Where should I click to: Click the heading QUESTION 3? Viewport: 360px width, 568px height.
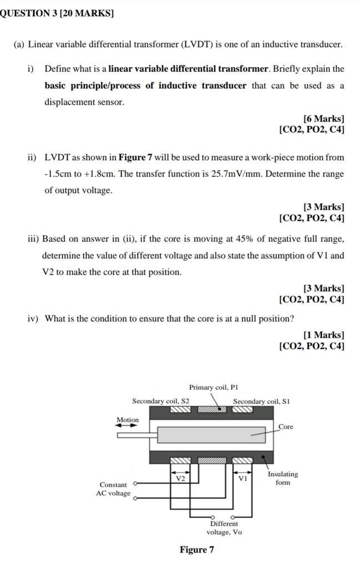point(55,12)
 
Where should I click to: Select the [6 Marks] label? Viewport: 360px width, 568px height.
point(323,119)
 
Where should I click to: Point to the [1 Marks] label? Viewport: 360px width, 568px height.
point(323,335)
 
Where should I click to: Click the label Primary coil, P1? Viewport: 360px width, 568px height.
point(214,387)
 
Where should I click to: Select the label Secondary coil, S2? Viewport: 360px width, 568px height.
point(160,400)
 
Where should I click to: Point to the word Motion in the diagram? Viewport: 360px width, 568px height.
point(128,420)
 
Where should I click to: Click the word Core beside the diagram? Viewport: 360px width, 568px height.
point(286,427)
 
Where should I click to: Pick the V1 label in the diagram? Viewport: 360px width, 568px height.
point(242,478)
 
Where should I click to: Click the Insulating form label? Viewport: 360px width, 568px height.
point(282,478)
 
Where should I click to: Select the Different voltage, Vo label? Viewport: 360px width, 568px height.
point(224,528)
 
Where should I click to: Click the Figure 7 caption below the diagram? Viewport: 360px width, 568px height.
point(196,550)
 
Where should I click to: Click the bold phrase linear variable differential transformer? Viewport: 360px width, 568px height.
point(188,69)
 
